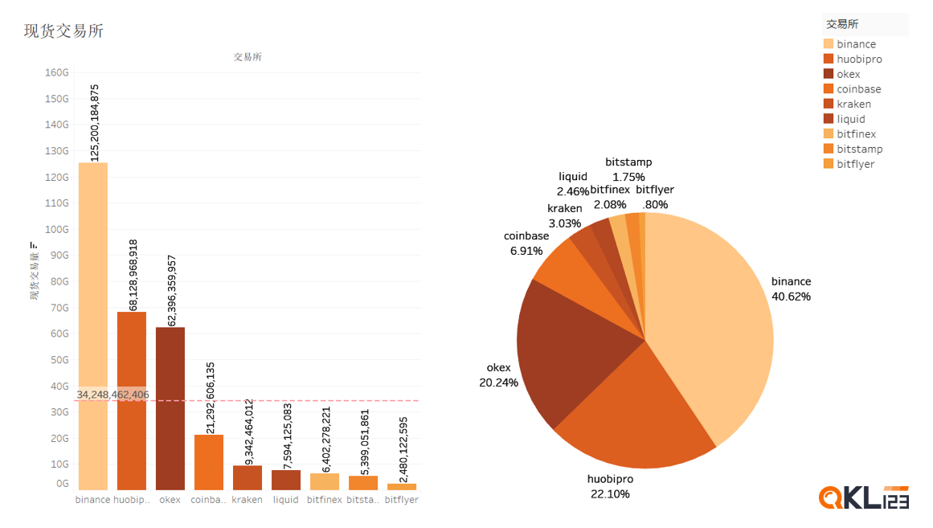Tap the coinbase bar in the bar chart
pyautogui.click(x=208, y=462)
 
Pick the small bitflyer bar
pyautogui.click(x=401, y=486)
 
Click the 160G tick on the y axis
pyautogui.click(x=57, y=72)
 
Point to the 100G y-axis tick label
pyautogui.click(x=57, y=229)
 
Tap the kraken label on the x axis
pyautogui.click(x=247, y=500)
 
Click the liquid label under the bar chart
pyautogui.click(x=285, y=500)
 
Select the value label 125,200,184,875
pyautogui.click(x=95, y=122)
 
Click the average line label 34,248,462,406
pyautogui.click(x=113, y=395)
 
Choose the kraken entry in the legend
pyautogui.click(x=853, y=104)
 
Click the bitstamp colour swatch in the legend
pyautogui.click(x=829, y=149)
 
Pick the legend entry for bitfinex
pyautogui.click(x=856, y=134)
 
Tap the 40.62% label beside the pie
pyautogui.click(x=791, y=297)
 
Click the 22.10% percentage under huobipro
pyautogui.click(x=610, y=494)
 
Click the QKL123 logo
pyautogui.click(x=863, y=497)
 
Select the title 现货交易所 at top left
pyautogui.click(x=63, y=31)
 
